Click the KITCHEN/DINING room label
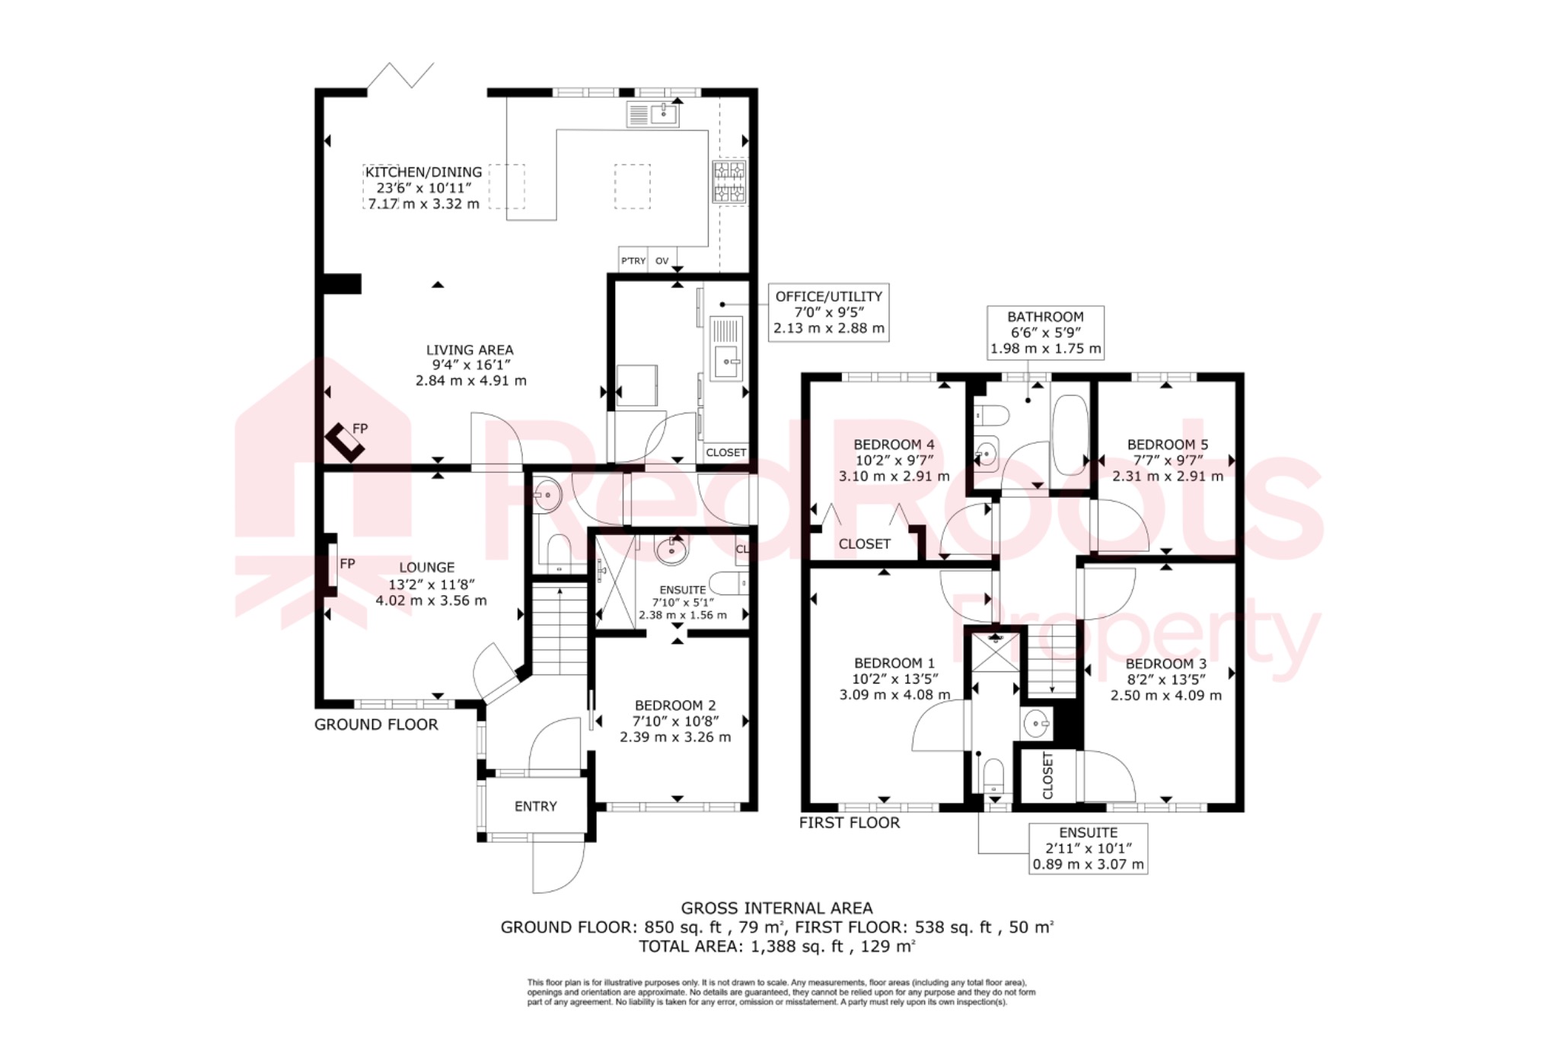click(x=423, y=173)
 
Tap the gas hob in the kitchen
click(x=729, y=182)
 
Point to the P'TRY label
click(x=633, y=261)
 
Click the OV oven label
click(x=662, y=261)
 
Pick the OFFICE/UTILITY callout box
click(x=828, y=312)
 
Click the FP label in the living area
click(x=360, y=429)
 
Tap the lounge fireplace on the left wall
click(x=332, y=565)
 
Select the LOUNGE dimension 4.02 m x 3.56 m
click(x=431, y=601)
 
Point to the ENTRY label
click(x=535, y=806)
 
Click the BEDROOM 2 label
click(x=675, y=706)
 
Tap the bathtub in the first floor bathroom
click(x=1070, y=435)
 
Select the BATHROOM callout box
click(x=1045, y=333)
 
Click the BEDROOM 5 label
click(x=1167, y=445)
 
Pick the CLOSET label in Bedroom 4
click(x=864, y=544)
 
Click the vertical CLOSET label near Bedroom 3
click(x=1047, y=776)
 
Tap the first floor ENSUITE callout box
click(x=1088, y=848)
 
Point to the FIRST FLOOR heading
click(x=849, y=823)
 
